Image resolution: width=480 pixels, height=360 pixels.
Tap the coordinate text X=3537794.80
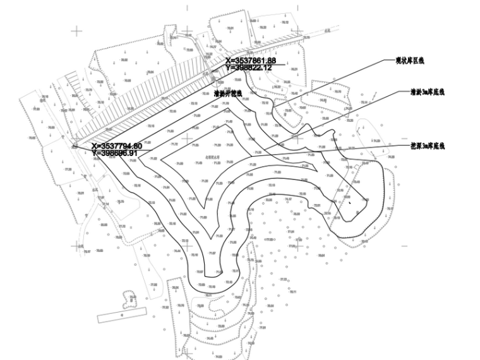pyautogui.click(x=116, y=146)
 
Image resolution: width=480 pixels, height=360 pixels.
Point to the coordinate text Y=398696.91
pyautogui.click(x=114, y=153)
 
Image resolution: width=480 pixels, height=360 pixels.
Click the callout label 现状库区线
pyautogui.click(x=410, y=61)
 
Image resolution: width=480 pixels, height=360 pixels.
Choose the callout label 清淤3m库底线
pyautogui.click(x=428, y=92)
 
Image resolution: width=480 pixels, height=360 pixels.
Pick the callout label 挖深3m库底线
pyautogui.click(x=428, y=146)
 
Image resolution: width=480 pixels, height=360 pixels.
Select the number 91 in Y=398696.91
pyautogui.click(x=133, y=153)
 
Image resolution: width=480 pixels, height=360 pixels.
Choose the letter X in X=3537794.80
pyautogui.click(x=94, y=146)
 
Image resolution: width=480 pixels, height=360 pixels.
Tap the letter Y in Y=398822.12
pyautogui.click(x=228, y=67)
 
